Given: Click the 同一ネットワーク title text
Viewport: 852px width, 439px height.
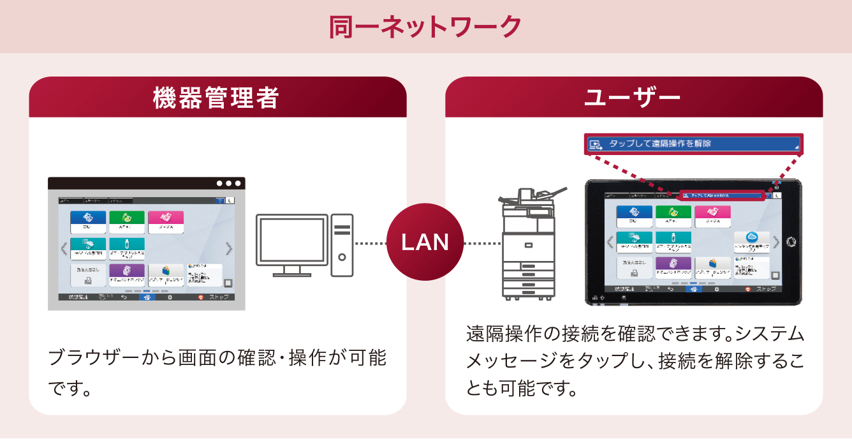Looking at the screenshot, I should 425,27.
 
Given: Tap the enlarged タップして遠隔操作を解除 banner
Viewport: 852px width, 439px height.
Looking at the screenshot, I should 693,144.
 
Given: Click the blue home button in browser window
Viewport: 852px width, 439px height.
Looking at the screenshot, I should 146,297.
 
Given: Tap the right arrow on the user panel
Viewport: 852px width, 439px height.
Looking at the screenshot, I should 776,242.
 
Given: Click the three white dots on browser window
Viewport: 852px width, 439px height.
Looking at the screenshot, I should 229,183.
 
